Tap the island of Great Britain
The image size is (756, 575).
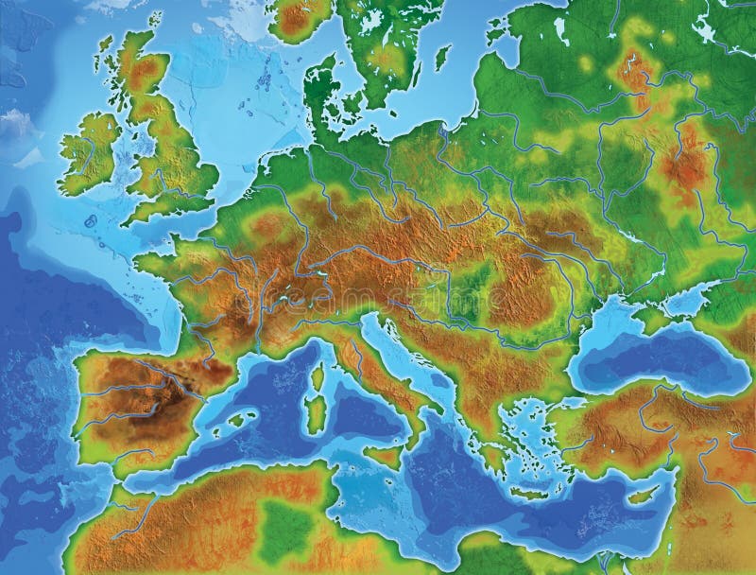[170, 161]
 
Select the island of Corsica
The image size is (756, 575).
[318, 378]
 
